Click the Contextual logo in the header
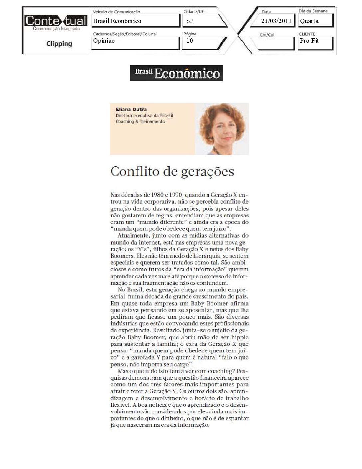pos(56,22)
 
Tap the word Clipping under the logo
pos(59,44)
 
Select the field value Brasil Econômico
pos(117,21)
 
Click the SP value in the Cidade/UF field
pos(190,21)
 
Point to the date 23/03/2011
pos(276,21)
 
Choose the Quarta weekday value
pos(309,21)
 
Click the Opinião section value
pos(104,41)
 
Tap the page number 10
pos(190,41)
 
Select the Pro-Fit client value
pos(309,41)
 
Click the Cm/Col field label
pos(267,35)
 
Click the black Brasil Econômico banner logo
pos(176,73)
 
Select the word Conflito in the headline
pos(134,172)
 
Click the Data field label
pos(266,12)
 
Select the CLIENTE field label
pos(307,34)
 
